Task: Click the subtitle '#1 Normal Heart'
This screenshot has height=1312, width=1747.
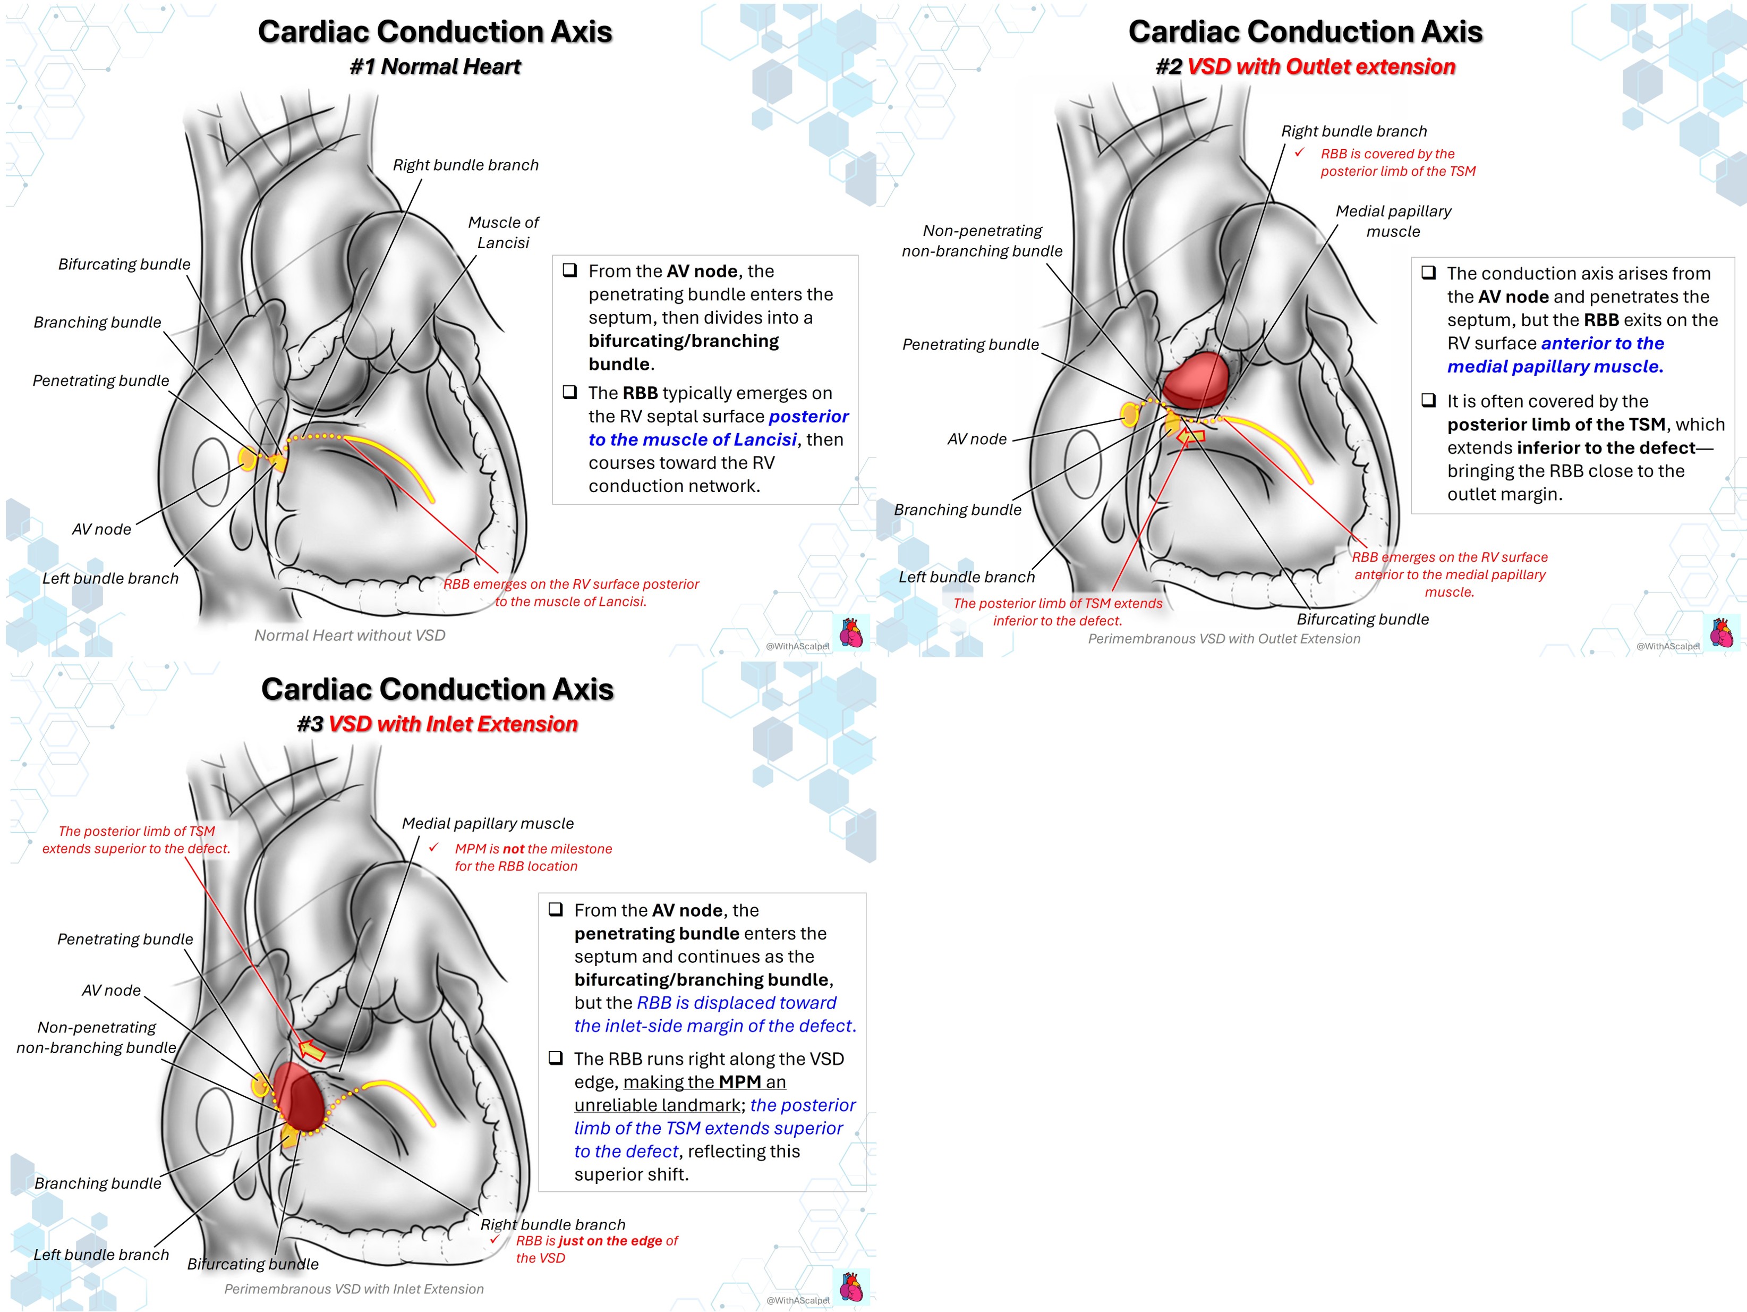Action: click(435, 66)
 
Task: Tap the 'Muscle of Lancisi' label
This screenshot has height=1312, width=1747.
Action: click(503, 232)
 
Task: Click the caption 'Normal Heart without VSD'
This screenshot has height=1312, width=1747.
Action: click(350, 635)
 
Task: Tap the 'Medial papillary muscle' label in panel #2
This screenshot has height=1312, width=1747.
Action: click(1393, 221)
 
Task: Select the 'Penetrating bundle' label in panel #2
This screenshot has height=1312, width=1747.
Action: click(970, 344)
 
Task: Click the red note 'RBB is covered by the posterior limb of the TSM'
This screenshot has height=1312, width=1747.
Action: click(1398, 163)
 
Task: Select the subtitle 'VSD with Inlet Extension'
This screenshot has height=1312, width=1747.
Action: click(453, 724)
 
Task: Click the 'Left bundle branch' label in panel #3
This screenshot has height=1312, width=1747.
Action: click(101, 1254)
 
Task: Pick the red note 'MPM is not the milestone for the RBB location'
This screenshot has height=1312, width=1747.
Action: click(533, 857)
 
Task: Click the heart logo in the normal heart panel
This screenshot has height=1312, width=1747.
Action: click(851, 633)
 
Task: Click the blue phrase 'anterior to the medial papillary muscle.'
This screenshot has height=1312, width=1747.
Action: click(1555, 354)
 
